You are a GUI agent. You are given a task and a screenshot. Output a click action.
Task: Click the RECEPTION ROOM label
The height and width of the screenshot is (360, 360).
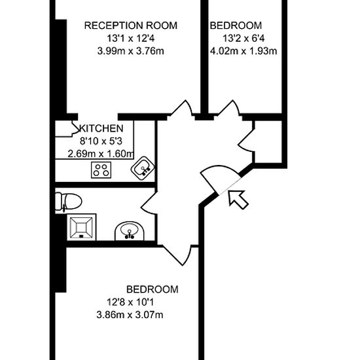[131, 26]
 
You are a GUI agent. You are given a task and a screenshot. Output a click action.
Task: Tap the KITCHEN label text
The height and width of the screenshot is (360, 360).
[101, 128]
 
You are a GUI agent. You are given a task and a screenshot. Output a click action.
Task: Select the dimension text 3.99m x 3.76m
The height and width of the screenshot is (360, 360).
[131, 51]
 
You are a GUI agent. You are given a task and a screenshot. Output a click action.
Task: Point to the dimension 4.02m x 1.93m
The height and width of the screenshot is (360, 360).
[243, 51]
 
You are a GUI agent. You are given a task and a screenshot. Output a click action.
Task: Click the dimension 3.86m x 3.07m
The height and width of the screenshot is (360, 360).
[130, 315]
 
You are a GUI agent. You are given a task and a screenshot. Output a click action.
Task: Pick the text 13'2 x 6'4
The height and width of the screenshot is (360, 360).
[243, 39]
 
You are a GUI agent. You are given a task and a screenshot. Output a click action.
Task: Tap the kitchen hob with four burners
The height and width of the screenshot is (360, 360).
[101, 170]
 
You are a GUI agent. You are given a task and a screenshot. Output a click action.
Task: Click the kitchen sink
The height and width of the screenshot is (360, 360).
[143, 169]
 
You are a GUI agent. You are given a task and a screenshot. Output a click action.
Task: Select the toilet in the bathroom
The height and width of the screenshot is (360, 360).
[69, 202]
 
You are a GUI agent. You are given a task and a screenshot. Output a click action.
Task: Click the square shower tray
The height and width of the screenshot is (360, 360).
[81, 228]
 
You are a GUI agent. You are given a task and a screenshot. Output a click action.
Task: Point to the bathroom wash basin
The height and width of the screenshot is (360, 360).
[129, 231]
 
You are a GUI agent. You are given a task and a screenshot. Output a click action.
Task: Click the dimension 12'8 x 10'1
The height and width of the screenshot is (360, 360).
[130, 302]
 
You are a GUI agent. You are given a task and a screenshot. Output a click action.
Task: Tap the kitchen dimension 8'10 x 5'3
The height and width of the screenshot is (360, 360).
[101, 141]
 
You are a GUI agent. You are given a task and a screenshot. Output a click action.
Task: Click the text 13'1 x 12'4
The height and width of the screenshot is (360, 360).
[131, 39]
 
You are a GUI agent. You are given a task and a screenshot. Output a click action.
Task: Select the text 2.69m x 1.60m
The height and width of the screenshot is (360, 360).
[101, 154]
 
